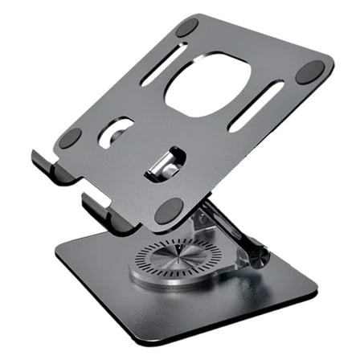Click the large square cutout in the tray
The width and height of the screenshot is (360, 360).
pos(207,84)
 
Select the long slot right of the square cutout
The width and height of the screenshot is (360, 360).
pos(255,104)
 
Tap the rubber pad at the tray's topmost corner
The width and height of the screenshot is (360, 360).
pos(186,27)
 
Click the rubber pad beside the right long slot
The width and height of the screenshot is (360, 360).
pos(309,73)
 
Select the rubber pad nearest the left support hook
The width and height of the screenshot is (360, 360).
pos(70,137)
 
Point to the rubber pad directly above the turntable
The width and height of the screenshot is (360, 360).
pos(170,211)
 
